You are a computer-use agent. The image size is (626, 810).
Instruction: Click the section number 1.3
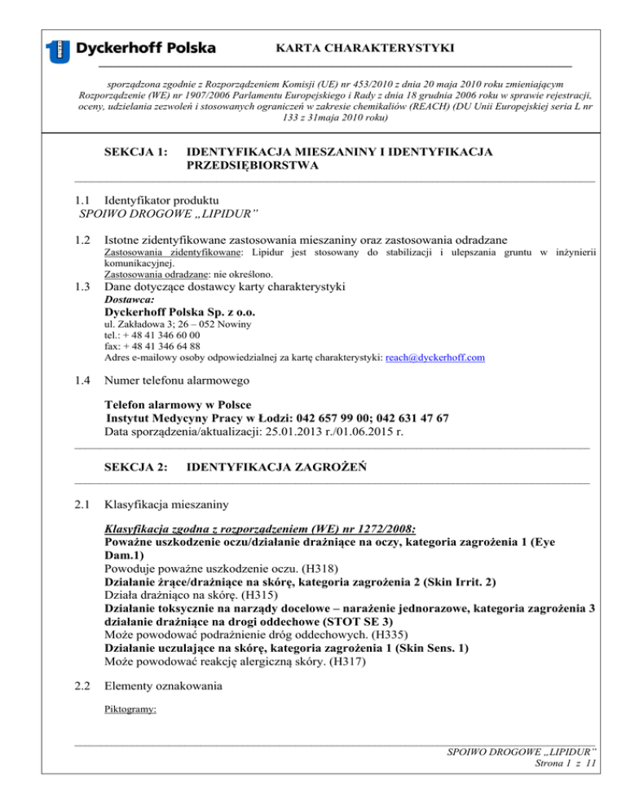(x=80, y=287)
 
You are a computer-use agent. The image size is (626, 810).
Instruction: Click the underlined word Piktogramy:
(x=130, y=709)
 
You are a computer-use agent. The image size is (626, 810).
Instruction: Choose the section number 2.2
(x=80, y=686)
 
